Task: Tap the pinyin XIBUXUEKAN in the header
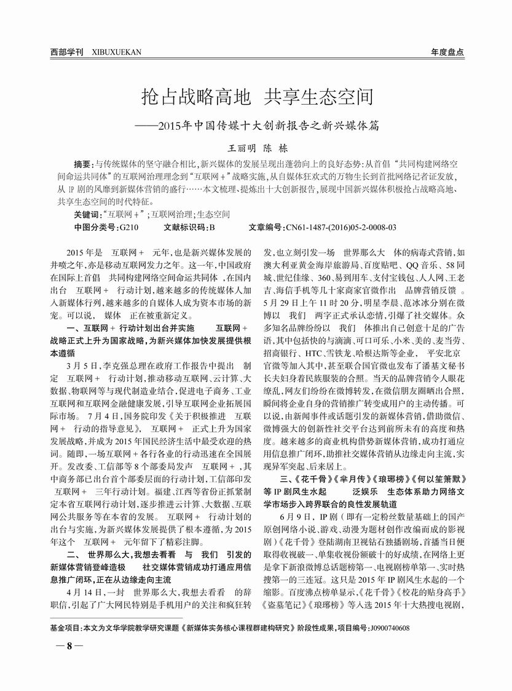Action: pyautogui.click(x=116, y=52)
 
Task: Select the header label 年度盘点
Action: pyautogui.click(x=447, y=52)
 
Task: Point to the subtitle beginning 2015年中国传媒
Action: pyautogui.click(x=268, y=124)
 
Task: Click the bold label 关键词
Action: pyautogui.click(x=87, y=215)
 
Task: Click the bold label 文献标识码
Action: pyautogui.click(x=185, y=228)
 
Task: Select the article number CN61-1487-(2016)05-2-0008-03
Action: pyautogui.click(x=341, y=228)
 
